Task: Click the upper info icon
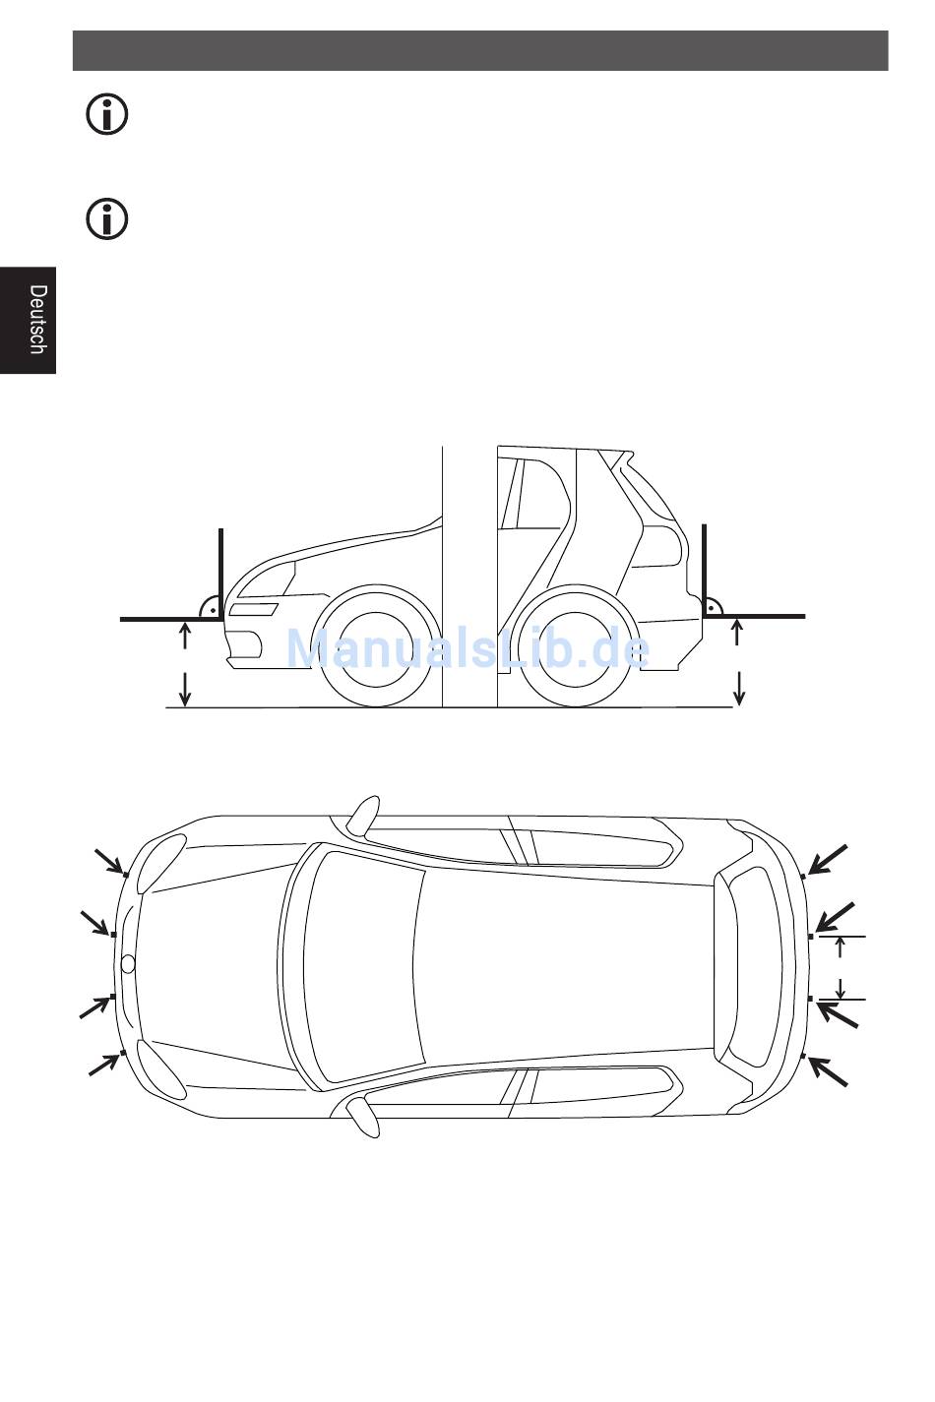click(x=107, y=114)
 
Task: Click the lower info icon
click(x=107, y=219)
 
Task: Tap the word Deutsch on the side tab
click(x=38, y=319)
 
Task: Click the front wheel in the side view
click(x=376, y=646)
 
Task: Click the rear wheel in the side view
click(x=574, y=646)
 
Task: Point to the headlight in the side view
click(x=253, y=610)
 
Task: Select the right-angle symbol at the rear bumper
click(x=713, y=606)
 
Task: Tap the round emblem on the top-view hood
click(x=128, y=963)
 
